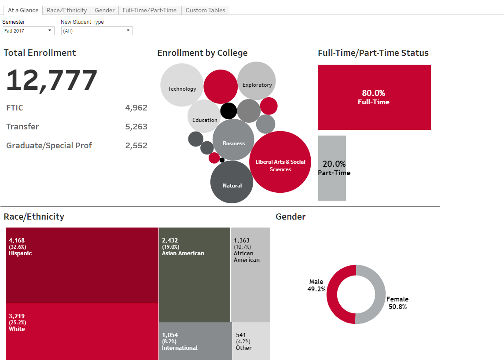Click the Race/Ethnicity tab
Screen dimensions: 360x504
tap(67, 10)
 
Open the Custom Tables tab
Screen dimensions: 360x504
tap(205, 10)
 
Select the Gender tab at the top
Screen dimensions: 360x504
tap(105, 10)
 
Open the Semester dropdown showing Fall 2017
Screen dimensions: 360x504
tap(28, 31)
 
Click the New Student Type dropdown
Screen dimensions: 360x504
tap(96, 31)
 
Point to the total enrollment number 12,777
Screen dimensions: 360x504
tap(52, 81)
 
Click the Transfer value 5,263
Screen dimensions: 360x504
tap(136, 127)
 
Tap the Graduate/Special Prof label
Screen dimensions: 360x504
tap(49, 146)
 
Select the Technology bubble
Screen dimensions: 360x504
tap(182, 85)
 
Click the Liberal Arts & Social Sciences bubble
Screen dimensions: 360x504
tap(280, 162)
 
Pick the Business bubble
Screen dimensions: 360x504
tap(233, 140)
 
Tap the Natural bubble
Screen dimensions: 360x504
tap(232, 182)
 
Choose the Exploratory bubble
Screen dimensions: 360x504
tap(257, 81)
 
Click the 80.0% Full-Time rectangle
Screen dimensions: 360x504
tap(374, 97)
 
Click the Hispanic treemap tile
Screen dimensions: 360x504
tap(82, 265)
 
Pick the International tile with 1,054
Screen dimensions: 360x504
tap(195, 341)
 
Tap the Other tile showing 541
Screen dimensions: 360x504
tap(251, 341)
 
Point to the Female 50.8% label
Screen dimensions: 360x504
tap(397, 303)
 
